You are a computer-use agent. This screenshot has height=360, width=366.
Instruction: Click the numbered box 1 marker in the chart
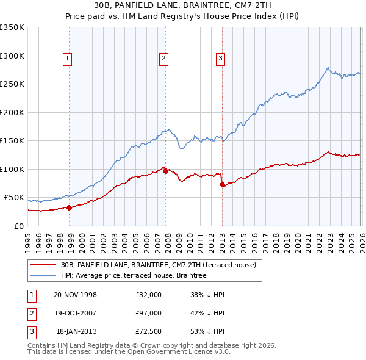pyautogui.click(x=67, y=59)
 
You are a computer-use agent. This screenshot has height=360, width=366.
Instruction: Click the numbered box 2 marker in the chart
pyautogui.click(x=164, y=59)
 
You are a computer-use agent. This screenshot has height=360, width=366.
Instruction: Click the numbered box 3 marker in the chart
pyautogui.click(x=220, y=59)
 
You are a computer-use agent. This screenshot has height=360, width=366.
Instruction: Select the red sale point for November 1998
pyautogui.click(x=70, y=207)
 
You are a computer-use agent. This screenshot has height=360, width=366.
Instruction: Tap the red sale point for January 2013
pyautogui.click(x=222, y=185)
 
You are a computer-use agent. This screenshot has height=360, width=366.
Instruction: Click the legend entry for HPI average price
pyautogui.click(x=134, y=275)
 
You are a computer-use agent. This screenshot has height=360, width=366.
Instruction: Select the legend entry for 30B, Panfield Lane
pyautogui.click(x=162, y=265)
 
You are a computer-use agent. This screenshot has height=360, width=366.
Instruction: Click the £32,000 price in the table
pyautogui.click(x=149, y=295)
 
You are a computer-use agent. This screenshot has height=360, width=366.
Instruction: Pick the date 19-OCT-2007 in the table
pyautogui.click(x=75, y=312)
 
